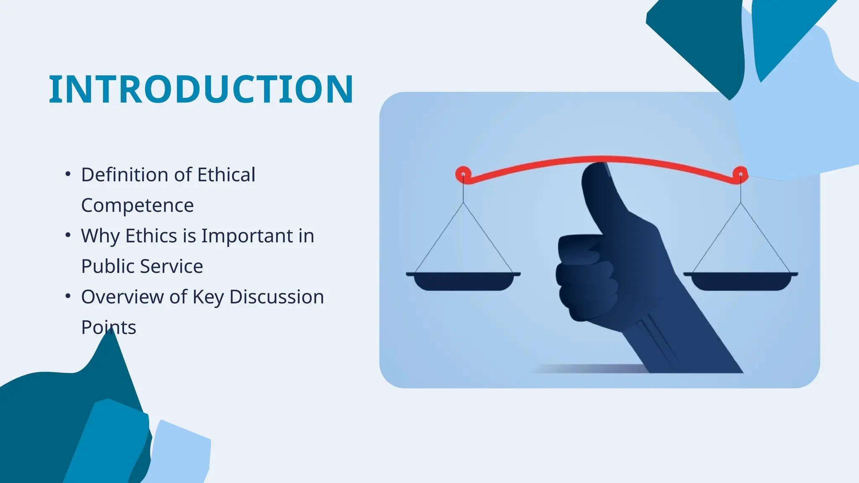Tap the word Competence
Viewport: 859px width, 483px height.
(x=137, y=205)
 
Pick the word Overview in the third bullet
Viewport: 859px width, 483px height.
(x=122, y=297)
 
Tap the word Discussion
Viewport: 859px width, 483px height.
(x=276, y=297)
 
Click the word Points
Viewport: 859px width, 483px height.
(x=108, y=327)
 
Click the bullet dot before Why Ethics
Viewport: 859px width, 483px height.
(x=68, y=235)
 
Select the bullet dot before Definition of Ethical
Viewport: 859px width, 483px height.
(x=68, y=174)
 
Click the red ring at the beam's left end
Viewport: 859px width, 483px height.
(x=463, y=174)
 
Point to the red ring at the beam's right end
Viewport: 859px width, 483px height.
(x=741, y=174)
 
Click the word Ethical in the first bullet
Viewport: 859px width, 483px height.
(x=226, y=175)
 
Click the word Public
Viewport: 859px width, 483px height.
(x=108, y=266)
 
